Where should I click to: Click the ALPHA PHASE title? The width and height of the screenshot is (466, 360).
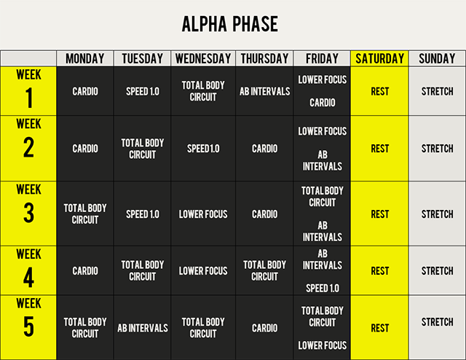click(230, 24)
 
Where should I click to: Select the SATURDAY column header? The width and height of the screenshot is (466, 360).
click(380, 58)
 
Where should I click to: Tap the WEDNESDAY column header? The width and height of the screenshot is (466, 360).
click(203, 58)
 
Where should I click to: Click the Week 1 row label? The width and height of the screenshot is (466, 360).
click(28, 91)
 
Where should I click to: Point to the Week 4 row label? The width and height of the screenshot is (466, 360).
click(28, 270)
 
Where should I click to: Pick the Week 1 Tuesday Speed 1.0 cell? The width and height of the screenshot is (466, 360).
click(143, 91)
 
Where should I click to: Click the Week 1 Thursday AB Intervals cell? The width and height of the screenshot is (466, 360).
click(264, 91)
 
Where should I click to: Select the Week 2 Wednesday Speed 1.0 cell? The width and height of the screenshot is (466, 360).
click(203, 149)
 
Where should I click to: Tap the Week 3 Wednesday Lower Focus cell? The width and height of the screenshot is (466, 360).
click(203, 214)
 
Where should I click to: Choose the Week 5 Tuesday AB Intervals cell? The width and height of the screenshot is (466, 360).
click(143, 327)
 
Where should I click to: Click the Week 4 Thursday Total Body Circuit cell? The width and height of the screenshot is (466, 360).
click(264, 270)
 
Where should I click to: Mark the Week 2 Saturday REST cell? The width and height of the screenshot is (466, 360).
click(380, 149)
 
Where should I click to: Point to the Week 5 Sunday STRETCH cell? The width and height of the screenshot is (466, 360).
click(437, 327)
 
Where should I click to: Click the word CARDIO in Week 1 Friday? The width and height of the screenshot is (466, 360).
click(322, 103)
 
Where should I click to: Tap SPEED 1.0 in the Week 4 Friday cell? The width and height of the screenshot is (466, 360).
click(322, 288)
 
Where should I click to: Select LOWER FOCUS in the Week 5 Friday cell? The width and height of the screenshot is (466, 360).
click(322, 345)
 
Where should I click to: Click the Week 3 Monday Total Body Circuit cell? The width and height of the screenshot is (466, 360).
click(85, 214)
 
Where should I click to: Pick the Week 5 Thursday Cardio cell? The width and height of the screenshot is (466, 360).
click(264, 327)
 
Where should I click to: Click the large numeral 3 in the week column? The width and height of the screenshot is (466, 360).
click(28, 213)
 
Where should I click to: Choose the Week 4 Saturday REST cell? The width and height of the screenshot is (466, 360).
click(380, 270)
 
